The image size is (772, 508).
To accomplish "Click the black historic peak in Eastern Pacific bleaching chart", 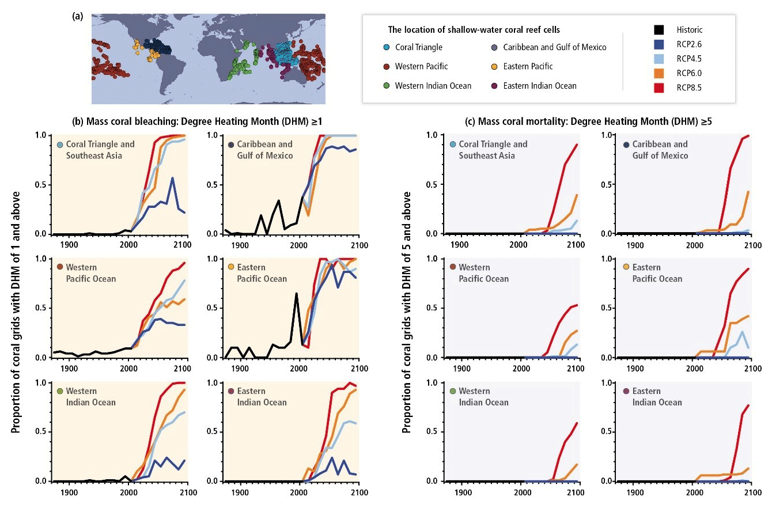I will pos(296,294).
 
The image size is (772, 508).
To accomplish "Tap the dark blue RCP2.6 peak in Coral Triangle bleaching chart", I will pos(172,178).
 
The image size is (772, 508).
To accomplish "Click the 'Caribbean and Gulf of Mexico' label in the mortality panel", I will pos(659,150).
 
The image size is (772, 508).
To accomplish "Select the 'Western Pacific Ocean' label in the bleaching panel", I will pos(90,274).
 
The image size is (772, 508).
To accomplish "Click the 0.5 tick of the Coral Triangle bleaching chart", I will pos(43,184).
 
